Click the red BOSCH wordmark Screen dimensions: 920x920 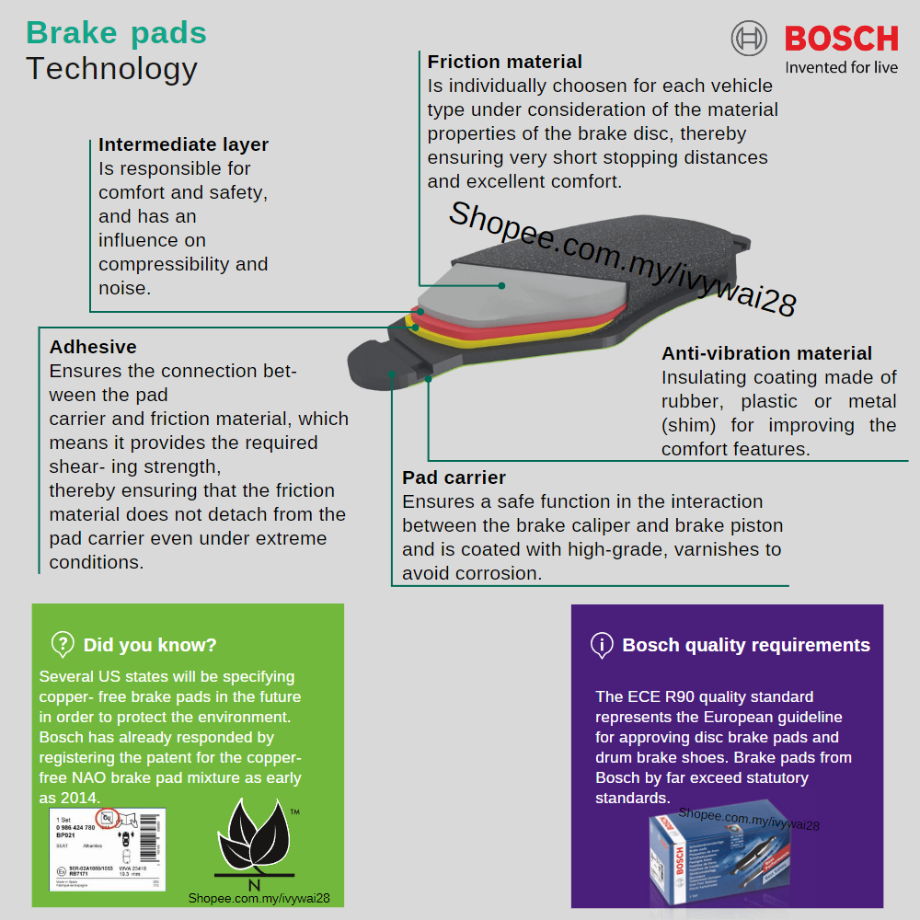pyautogui.click(x=841, y=39)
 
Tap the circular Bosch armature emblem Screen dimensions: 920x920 pyautogui.click(x=749, y=39)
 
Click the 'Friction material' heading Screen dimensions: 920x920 pyautogui.click(x=504, y=62)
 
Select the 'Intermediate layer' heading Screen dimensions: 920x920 pyautogui.click(x=183, y=144)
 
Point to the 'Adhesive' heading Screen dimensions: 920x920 pyautogui.click(x=93, y=347)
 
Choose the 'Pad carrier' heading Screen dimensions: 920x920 pyautogui.click(x=454, y=477)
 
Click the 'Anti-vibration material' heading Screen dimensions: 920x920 pyautogui.click(x=766, y=353)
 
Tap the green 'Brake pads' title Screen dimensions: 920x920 pyautogui.click(x=116, y=33)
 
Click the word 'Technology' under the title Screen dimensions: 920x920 pyautogui.click(x=111, y=69)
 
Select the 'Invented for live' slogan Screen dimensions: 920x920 pyautogui.click(x=841, y=67)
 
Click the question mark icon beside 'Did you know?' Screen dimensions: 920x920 pyautogui.click(x=63, y=644)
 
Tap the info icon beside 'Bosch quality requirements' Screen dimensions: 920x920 pyautogui.click(x=602, y=645)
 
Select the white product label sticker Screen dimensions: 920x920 pyautogui.click(x=109, y=848)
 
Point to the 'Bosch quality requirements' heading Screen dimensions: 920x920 pyautogui.click(x=745, y=645)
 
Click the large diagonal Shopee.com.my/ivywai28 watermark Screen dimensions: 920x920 pyautogui.click(x=622, y=259)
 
